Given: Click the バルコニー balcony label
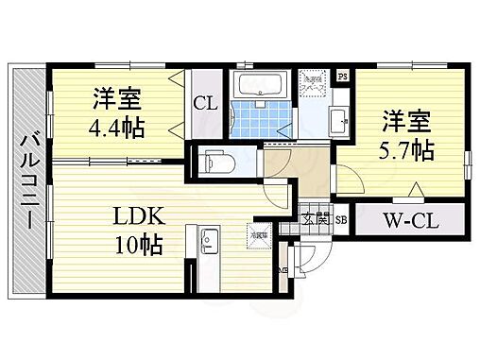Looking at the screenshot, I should (x=27, y=180).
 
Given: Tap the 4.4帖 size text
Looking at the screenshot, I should (x=118, y=128).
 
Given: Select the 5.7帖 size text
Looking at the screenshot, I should (x=409, y=149).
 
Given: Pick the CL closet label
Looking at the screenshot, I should (x=205, y=104).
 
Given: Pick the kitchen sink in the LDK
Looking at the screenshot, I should (x=205, y=244).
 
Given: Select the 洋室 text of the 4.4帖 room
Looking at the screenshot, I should (x=118, y=97).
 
